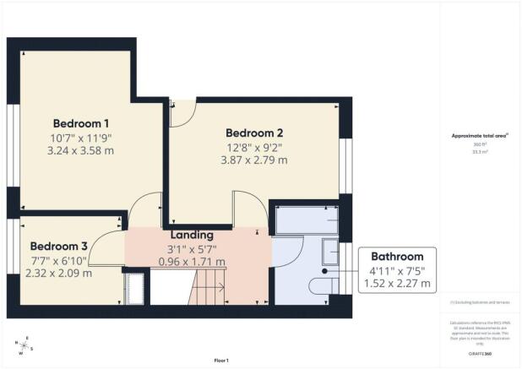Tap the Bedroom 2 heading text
pos(253,133)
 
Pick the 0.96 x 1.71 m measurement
pos(195,262)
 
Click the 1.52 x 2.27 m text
pos(397,285)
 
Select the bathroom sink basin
pos(331,252)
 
